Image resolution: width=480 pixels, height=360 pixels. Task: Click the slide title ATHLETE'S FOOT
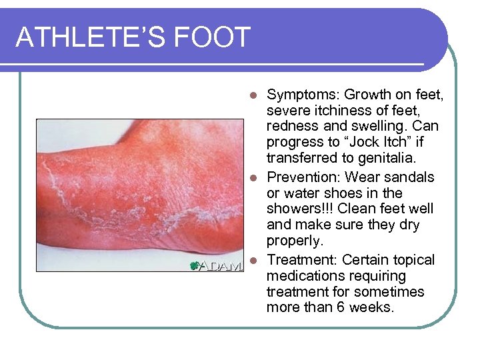(133, 37)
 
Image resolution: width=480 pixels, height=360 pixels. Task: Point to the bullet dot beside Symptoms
(253, 95)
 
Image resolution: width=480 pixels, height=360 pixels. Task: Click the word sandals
(409, 177)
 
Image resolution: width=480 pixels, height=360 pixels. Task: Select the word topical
(413, 260)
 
